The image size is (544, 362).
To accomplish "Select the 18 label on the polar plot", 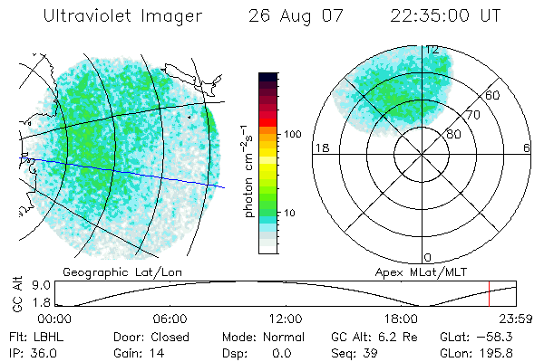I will coord(320,148).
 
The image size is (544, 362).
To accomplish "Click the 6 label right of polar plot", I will coord(527,148).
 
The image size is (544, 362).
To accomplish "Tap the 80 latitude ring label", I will coord(454,134).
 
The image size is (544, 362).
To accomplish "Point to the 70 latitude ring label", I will coord(472,115).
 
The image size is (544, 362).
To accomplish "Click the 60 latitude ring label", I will coord(492,95).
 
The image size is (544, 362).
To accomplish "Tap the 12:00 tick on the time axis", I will coord(286,319).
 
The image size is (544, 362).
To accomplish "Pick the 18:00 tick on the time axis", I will coord(401,319).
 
